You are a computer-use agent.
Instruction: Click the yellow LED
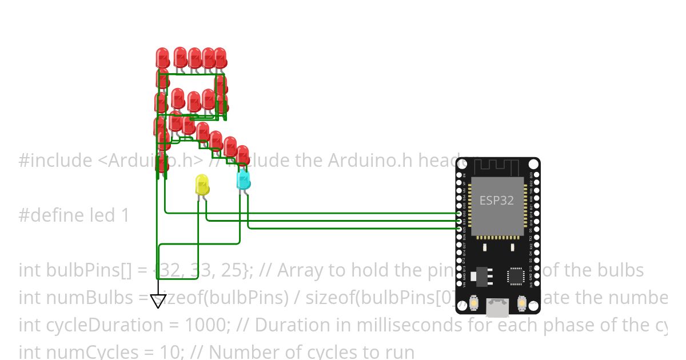tap(202, 184)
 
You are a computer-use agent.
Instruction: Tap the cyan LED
tap(243, 179)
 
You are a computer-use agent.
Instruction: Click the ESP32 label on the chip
tap(496, 201)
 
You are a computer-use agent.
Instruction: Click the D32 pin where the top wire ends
tap(460, 213)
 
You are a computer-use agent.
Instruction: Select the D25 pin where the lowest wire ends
tap(460, 228)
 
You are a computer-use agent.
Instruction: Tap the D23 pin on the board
tap(536, 174)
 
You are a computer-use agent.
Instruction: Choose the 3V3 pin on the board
tap(536, 284)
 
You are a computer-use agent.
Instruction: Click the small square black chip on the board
tap(516, 276)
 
